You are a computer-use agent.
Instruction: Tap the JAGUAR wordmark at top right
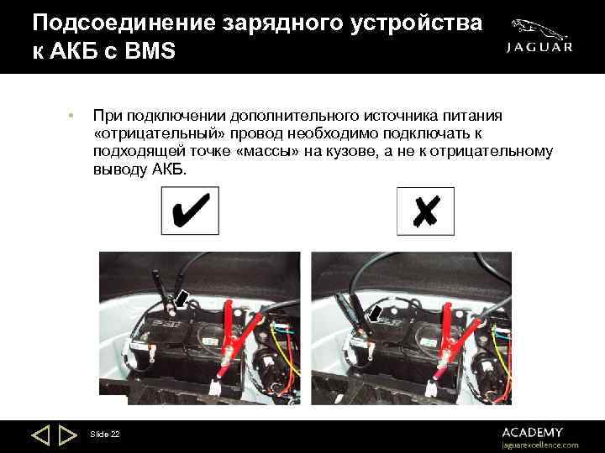539,48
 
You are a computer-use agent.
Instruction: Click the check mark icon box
190,211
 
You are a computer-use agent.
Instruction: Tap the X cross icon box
425,211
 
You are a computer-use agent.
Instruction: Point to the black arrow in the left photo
181,296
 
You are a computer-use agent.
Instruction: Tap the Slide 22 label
104,434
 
